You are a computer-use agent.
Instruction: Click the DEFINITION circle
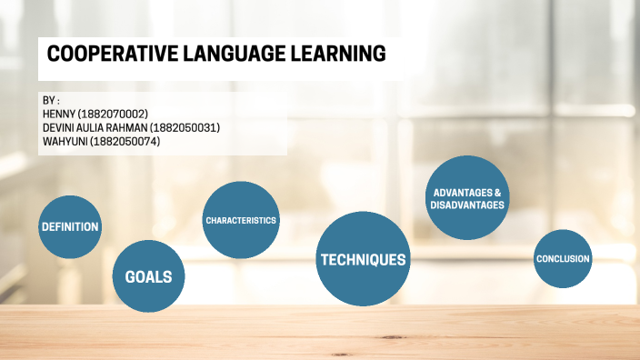click(x=69, y=226)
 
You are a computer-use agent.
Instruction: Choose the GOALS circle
click(x=148, y=276)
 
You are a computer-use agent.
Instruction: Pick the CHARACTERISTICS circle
click(x=241, y=220)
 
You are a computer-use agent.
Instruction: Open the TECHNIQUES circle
click(x=362, y=260)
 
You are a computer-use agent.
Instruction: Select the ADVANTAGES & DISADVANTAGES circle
click(x=467, y=198)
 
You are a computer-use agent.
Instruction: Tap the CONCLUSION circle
click(x=563, y=259)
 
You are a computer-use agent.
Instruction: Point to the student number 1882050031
click(x=185, y=127)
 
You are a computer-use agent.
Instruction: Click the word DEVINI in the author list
click(x=60, y=127)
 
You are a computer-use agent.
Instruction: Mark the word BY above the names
click(x=49, y=100)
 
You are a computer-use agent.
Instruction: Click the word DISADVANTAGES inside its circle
click(x=467, y=205)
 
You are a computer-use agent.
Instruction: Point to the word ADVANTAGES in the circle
click(x=461, y=193)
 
